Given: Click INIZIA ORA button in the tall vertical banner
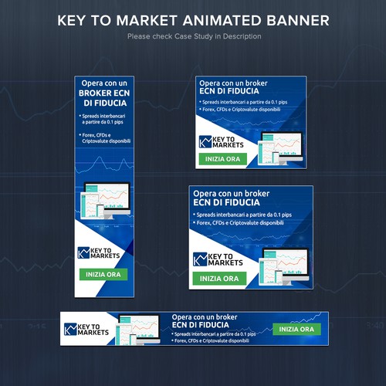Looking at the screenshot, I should tap(103, 274).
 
